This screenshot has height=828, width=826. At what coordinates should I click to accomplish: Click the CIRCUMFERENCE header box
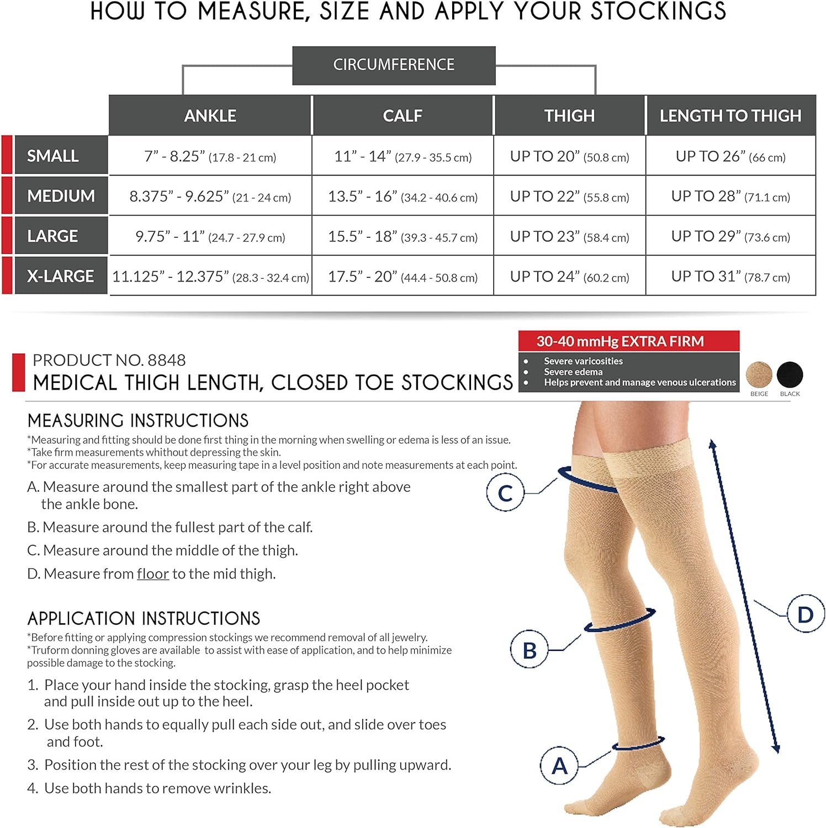click(394, 65)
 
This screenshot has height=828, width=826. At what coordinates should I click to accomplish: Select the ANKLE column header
click(210, 115)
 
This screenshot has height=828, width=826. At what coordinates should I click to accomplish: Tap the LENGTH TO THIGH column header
click(730, 115)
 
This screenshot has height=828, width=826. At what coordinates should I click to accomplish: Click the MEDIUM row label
click(61, 196)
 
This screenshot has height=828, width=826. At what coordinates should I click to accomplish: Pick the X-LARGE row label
click(61, 276)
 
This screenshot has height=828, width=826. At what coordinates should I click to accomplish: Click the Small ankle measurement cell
click(210, 157)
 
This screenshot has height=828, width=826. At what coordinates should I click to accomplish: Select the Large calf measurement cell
click(403, 236)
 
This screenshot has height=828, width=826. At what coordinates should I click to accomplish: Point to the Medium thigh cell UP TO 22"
click(569, 197)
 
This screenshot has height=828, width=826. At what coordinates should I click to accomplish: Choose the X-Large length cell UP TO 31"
click(730, 276)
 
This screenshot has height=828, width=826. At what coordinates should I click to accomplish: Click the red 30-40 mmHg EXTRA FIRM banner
click(628, 341)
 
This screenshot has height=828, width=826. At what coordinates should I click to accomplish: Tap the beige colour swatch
click(759, 375)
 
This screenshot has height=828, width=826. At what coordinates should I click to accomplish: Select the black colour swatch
click(790, 375)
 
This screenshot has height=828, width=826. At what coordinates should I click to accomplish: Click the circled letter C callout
click(505, 493)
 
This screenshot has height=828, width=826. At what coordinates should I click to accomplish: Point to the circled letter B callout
click(529, 650)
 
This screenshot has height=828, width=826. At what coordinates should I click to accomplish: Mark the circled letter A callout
click(559, 766)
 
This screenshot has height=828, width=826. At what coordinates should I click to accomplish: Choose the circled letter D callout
click(806, 614)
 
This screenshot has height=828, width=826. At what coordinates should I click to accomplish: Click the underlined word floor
click(153, 574)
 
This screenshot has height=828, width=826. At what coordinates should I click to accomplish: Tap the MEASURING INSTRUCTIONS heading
click(138, 421)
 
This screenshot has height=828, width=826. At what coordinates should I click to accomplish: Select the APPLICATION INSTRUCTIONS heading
click(144, 618)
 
